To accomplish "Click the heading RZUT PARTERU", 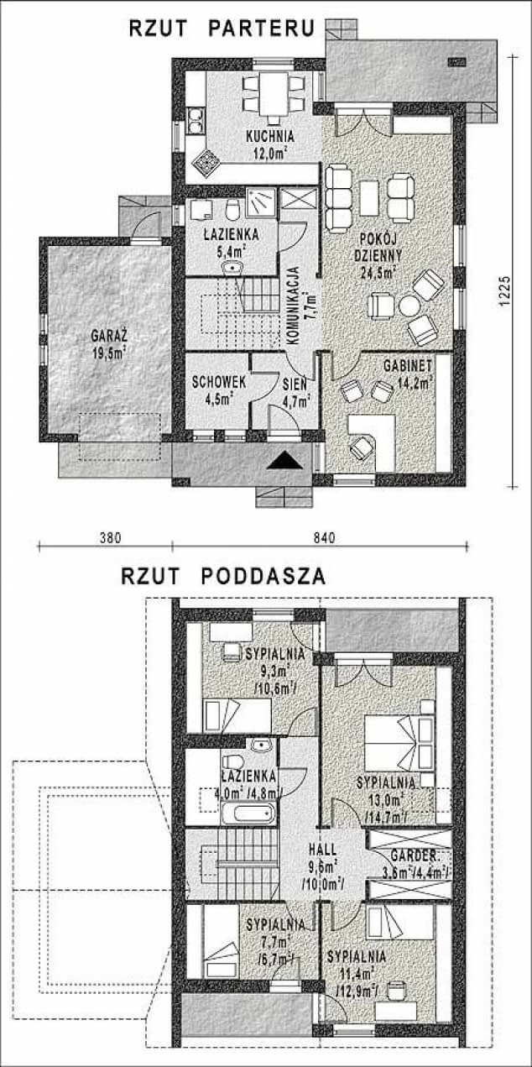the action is tap(222, 28).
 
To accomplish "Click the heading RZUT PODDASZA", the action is tap(223, 576).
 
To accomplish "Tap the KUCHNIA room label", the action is tap(270, 136).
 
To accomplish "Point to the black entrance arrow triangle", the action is tap(285, 460).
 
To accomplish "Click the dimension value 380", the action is tap(111, 538).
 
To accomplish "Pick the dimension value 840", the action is tap(325, 538).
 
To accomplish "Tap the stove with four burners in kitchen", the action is tap(206, 163).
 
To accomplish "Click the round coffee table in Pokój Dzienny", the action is tap(409, 306).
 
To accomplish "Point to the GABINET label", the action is tap(408, 365).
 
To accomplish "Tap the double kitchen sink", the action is tap(195, 121).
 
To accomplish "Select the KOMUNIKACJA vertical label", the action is tap(294, 305).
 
